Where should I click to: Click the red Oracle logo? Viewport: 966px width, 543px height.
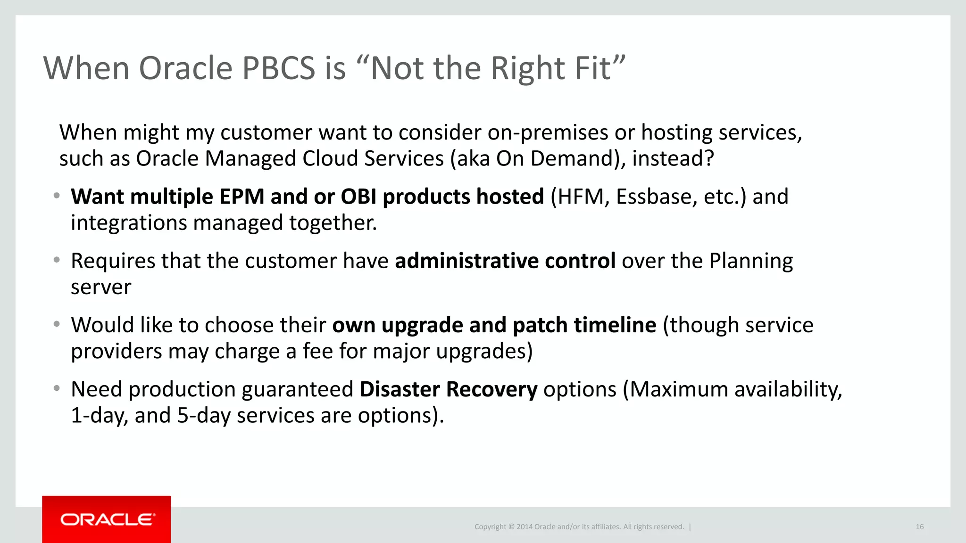(106, 519)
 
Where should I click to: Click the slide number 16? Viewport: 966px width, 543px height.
(919, 527)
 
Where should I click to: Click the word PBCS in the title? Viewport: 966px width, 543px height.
(278, 68)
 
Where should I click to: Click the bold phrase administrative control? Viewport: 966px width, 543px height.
(505, 261)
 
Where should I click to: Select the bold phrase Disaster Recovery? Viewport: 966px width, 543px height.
(448, 389)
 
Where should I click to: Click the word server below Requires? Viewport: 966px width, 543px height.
(101, 287)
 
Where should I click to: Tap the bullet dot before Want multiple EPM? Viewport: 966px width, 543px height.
(57, 196)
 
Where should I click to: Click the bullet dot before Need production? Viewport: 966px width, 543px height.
(57, 388)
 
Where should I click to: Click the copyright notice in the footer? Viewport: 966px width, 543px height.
(579, 527)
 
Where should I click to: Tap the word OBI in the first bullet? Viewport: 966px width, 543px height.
(358, 197)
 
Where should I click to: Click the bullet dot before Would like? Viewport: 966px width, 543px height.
(57, 324)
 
